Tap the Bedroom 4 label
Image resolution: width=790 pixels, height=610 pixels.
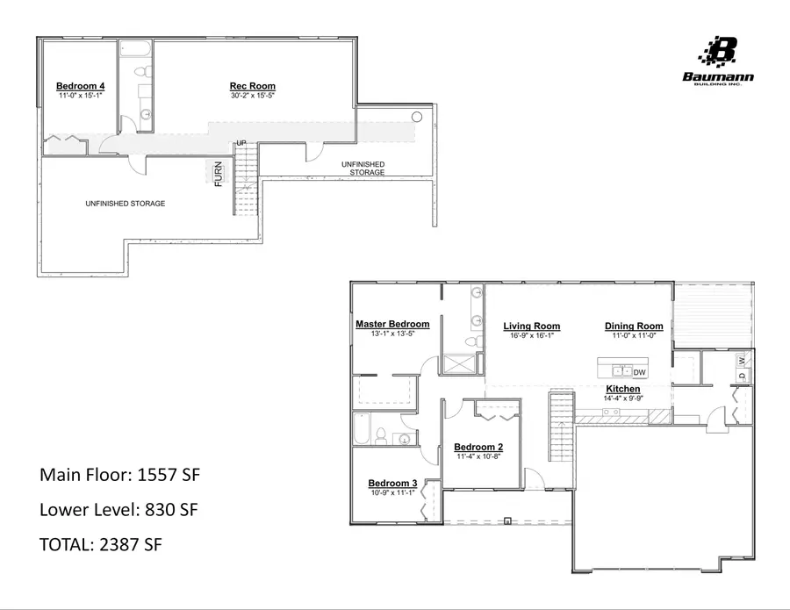(81, 86)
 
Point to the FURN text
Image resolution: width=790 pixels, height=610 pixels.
(219, 174)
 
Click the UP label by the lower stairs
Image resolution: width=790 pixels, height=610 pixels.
(239, 142)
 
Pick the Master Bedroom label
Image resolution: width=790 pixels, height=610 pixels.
(392, 324)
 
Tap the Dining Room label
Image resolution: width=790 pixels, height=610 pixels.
(634, 327)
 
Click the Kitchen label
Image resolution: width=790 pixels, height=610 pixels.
(623, 389)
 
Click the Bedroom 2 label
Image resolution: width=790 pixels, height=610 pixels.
(479, 447)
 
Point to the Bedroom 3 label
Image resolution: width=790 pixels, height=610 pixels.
(392, 484)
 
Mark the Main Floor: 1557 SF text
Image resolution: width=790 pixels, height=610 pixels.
(121, 475)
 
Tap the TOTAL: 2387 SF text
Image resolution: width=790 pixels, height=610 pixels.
(101, 544)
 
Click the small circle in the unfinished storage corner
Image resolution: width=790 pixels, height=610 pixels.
(417, 117)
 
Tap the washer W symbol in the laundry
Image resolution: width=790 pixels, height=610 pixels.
(742, 360)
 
